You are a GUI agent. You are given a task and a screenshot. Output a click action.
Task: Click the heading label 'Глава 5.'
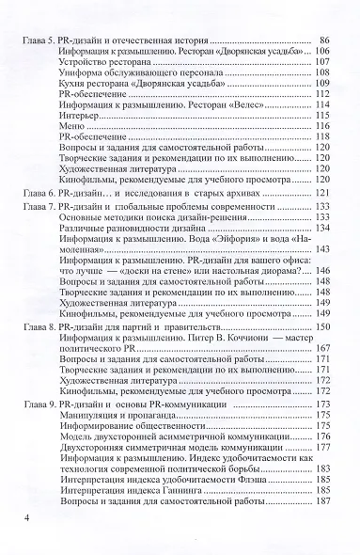pos(39,41)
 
